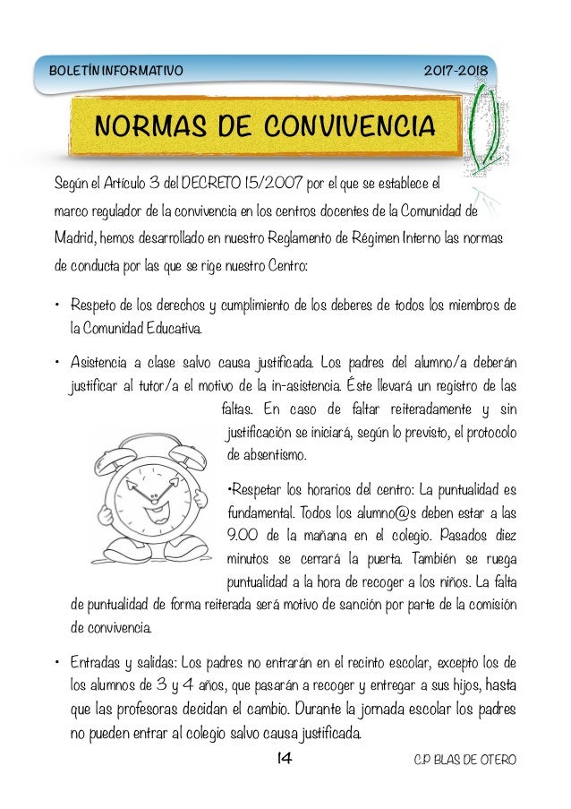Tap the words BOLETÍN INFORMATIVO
(x=116, y=69)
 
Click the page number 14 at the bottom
(x=285, y=760)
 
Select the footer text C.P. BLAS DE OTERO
(x=464, y=761)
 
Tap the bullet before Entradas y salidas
(x=55, y=664)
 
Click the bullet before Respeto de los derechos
(x=55, y=307)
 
